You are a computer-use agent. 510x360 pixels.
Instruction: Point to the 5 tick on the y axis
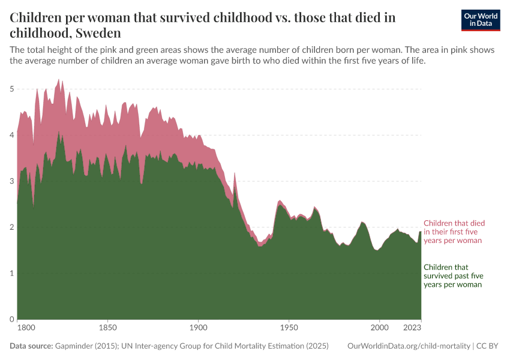pyautogui.click(x=11, y=89)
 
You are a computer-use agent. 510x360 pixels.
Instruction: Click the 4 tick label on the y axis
pyautogui.click(x=11, y=135)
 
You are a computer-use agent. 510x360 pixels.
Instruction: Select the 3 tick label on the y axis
pyautogui.click(x=11, y=181)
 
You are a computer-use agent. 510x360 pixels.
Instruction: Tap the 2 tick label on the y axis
pyautogui.click(x=11, y=227)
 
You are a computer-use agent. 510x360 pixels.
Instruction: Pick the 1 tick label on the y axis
pyautogui.click(x=11, y=273)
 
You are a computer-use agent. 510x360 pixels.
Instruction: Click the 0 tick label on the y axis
pyautogui.click(x=11, y=319)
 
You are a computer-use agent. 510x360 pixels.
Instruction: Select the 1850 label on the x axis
pyautogui.click(x=107, y=328)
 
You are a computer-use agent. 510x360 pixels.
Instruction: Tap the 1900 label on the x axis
pyautogui.click(x=198, y=328)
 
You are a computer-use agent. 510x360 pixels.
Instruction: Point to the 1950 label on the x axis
pyautogui.click(x=289, y=328)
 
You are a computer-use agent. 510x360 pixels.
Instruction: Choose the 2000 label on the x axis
pyautogui.click(x=379, y=328)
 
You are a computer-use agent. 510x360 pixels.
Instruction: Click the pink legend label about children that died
pyautogui.click(x=454, y=232)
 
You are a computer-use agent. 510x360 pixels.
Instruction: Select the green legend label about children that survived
pyautogui.click(x=453, y=276)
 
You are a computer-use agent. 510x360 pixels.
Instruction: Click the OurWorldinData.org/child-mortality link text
pyautogui.click(x=409, y=347)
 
